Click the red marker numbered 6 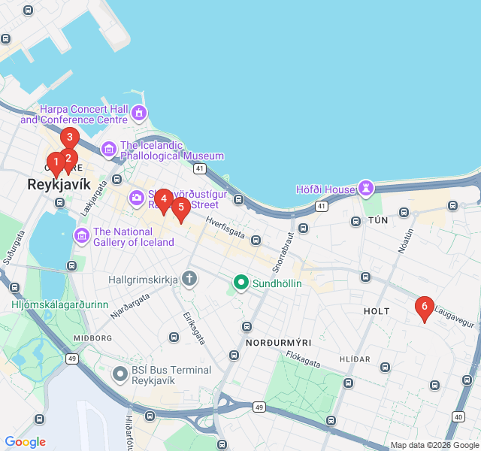click(425, 307)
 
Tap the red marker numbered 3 click(70, 138)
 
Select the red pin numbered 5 click(180, 207)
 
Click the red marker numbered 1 click(56, 162)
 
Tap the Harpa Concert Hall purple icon click(139, 114)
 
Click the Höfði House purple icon click(366, 186)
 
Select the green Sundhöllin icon click(240, 283)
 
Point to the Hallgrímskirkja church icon click(189, 279)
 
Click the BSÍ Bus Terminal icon click(119, 374)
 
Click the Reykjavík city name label click(59, 184)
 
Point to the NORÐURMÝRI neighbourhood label click(274, 342)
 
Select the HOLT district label click(377, 310)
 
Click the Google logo click(26, 442)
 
